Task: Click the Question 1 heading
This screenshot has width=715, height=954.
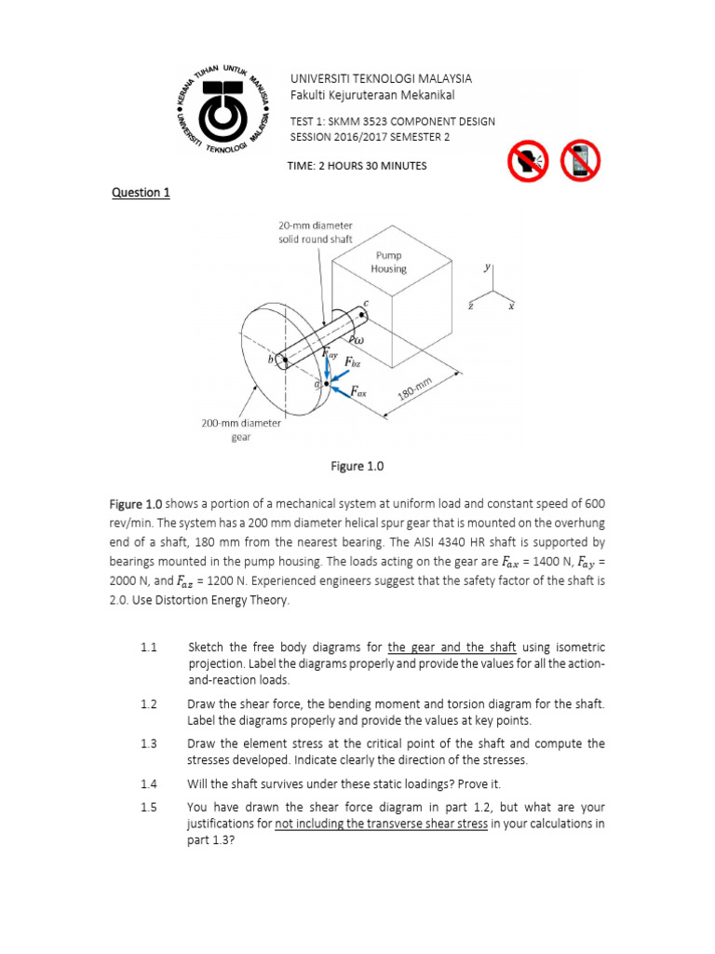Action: click(141, 193)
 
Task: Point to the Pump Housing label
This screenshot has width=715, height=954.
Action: click(389, 262)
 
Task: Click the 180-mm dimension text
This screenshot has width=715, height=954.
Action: click(416, 388)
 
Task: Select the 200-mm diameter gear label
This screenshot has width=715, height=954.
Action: click(241, 429)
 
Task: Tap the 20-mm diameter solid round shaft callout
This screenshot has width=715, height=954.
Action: click(315, 232)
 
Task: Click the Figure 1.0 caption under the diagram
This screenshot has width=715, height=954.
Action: click(357, 466)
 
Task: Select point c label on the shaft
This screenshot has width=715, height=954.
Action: click(366, 303)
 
